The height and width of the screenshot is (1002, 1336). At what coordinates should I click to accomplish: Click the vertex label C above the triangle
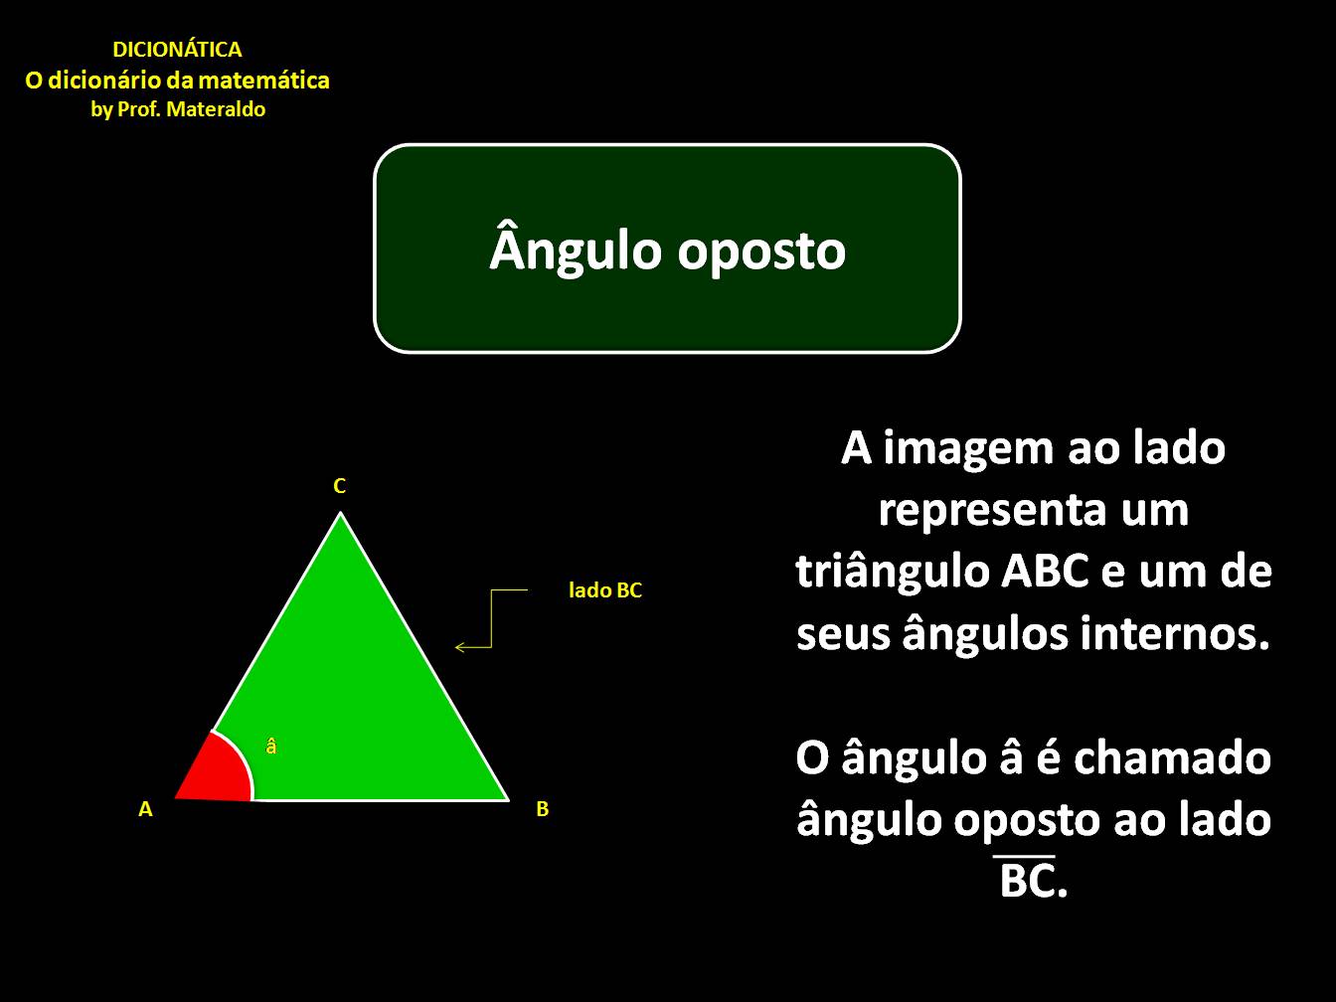click(x=339, y=486)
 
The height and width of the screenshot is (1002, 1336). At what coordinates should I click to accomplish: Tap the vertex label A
click(x=146, y=809)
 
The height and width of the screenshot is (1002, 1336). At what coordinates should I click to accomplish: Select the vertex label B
click(x=542, y=809)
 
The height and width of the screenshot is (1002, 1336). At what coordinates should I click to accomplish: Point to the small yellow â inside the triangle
click(x=271, y=746)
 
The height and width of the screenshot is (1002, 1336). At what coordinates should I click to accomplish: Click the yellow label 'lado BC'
click(x=605, y=590)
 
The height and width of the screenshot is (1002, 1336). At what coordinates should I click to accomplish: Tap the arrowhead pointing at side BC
click(x=459, y=648)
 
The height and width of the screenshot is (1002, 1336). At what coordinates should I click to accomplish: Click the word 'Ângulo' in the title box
click(x=576, y=250)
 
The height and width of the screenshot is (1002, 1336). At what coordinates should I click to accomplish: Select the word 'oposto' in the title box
click(x=762, y=250)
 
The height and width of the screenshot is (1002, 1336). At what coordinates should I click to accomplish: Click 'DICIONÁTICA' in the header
click(x=177, y=50)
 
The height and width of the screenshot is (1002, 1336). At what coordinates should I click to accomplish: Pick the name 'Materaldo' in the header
click(x=217, y=110)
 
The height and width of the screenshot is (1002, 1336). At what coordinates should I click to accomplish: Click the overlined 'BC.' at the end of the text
click(x=1033, y=881)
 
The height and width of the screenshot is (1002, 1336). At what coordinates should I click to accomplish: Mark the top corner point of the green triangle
click(x=341, y=514)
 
